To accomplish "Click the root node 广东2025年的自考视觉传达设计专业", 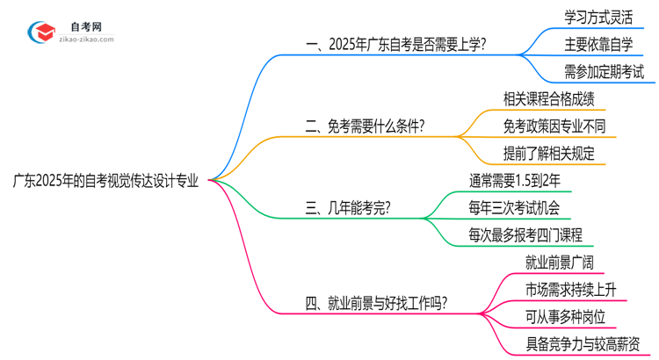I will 105,181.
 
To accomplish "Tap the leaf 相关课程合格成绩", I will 542,98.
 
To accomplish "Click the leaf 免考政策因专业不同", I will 554,126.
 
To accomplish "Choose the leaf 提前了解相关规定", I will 549,154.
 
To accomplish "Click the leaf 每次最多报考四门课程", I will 525,235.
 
